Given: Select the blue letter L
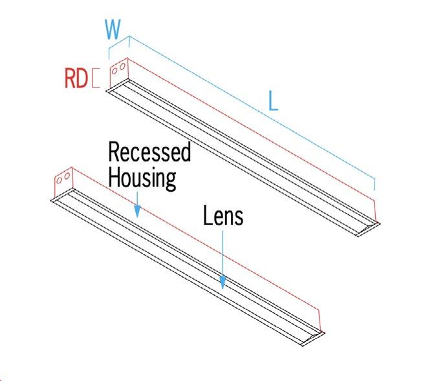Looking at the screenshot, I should click(273, 101).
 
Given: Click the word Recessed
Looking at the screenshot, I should click(149, 152).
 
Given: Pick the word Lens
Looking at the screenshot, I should click(223, 215).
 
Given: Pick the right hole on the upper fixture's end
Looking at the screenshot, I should click(121, 67).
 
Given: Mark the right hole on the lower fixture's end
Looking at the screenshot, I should click(66, 177).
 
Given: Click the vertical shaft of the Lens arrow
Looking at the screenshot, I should click(223, 255).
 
